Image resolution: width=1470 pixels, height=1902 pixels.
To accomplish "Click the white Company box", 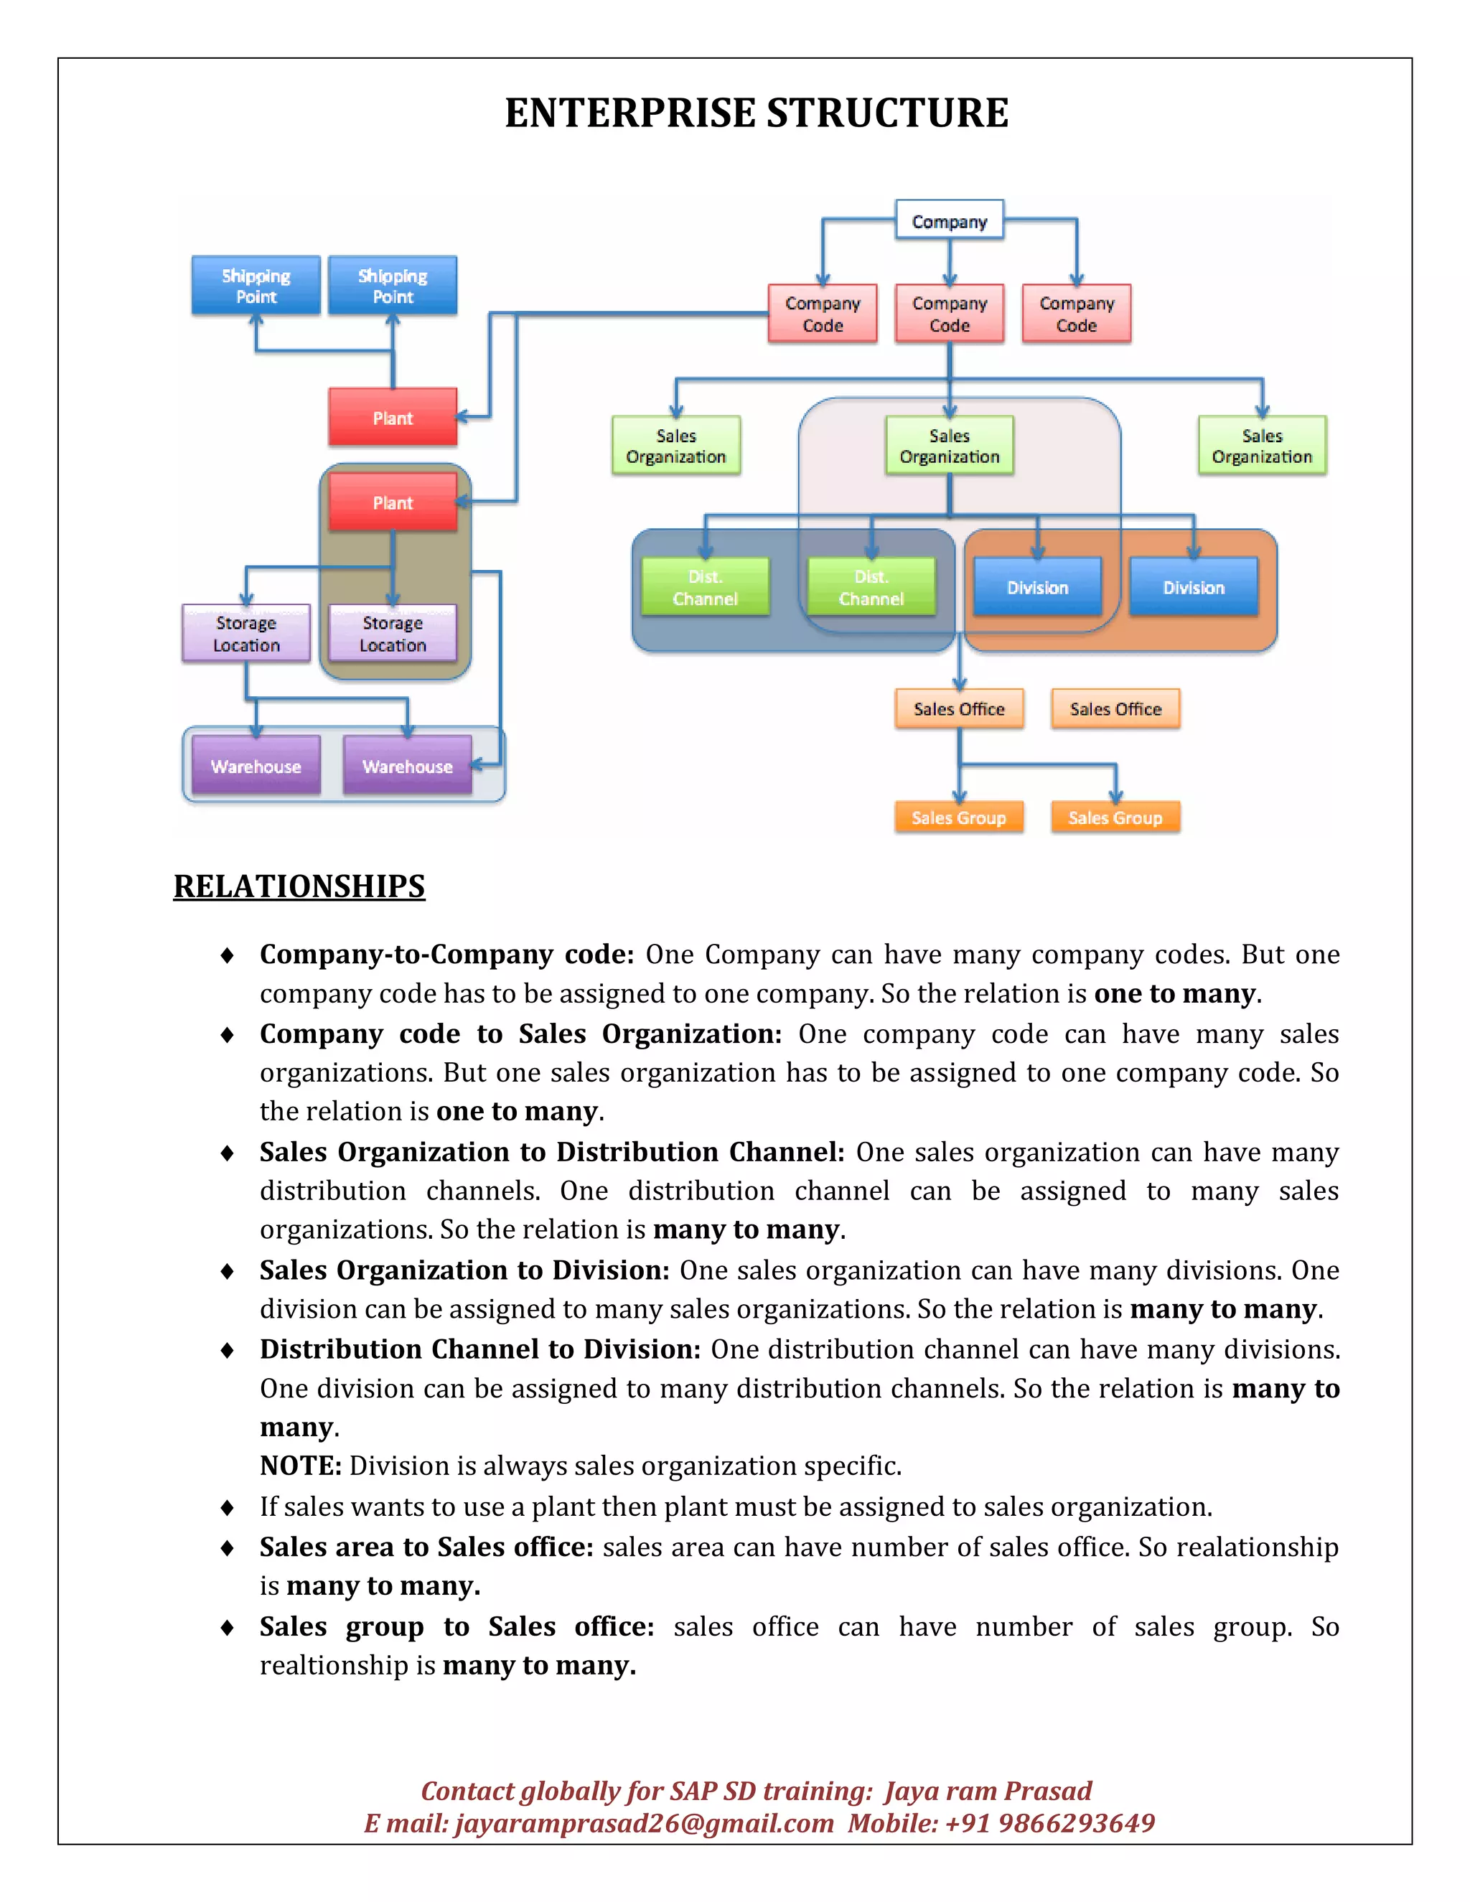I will point(949,221).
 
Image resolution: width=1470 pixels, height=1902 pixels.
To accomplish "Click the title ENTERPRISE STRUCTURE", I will point(756,113).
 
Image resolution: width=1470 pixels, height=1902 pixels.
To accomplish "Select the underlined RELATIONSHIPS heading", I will point(299,886).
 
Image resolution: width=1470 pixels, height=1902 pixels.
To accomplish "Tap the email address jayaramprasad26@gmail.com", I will point(644,1823).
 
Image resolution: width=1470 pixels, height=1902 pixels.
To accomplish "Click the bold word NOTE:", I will point(301,1466).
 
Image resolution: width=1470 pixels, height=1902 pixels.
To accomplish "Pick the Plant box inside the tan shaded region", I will point(393,502).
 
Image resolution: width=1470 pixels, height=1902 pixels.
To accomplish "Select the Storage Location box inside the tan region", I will point(393,634).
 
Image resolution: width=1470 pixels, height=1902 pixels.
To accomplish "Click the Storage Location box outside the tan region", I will point(246,634).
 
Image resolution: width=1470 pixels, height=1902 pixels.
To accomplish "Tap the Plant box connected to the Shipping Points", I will point(393,418).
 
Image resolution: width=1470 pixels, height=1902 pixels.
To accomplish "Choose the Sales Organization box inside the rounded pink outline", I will point(949,446).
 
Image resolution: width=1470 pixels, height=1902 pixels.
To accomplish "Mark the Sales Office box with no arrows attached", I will point(1115,709).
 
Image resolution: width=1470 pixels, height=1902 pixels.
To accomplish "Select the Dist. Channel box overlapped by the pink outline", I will point(871,588).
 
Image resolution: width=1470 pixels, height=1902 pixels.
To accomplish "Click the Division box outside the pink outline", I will point(1193,588).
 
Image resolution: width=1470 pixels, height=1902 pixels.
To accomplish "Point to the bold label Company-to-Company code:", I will point(446,955).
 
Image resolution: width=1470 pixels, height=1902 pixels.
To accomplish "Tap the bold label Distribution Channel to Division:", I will point(480,1349).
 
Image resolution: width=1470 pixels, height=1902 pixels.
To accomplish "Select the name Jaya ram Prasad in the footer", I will point(988,1791).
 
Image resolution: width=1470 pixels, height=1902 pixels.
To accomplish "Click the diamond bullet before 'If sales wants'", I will point(228,1507).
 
